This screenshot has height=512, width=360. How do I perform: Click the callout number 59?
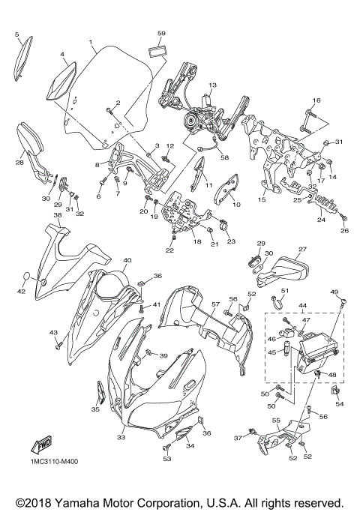pyautogui.click(x=161, y=34)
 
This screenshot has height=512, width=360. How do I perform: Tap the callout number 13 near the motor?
pyautogui.click(x=212, y=85)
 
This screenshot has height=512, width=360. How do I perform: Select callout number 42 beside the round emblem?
pyautogui.click(x=22, y=292)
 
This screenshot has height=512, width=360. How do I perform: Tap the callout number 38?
pyautogui.click(x=57, y=215)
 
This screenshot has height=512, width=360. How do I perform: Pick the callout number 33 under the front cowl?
pyautogui.click(x=121, y=437)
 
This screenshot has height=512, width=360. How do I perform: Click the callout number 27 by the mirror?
pyautogui.click(x=302, y=250)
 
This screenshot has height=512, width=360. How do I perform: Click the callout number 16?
pyautogui.click(x=316, y=100)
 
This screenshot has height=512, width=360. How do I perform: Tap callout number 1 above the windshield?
pyautogui.click(x=90, y=41)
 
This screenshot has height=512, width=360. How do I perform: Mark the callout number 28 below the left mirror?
pyautogui.click(x=19, y=160)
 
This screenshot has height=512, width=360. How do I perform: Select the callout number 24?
pyautogui.click(x=321, y=220)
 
